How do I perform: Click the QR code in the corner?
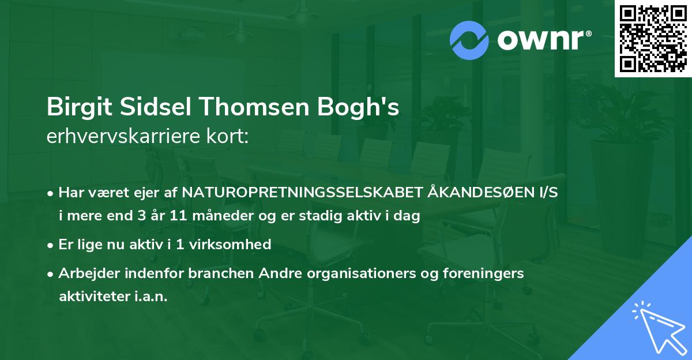pyautogui.click(x=653, y=39)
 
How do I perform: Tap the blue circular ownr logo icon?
pyautogui.click(x=469, y=40)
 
